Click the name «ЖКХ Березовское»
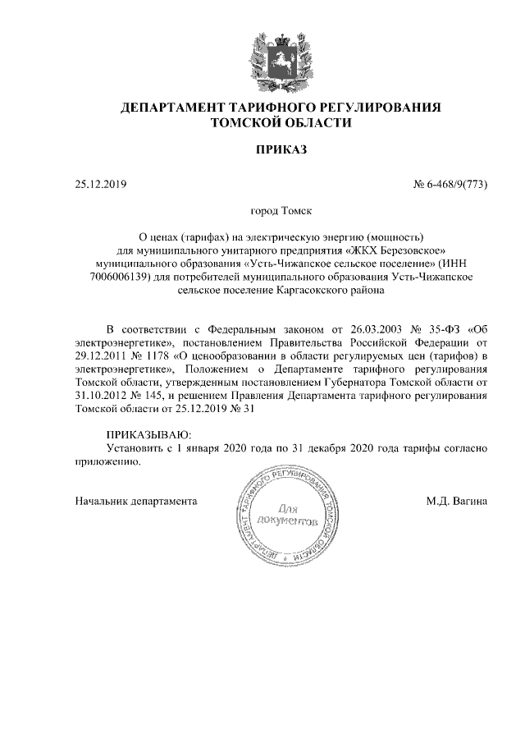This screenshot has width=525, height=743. tap(396, 250)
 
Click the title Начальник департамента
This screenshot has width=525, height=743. tap(135, 500)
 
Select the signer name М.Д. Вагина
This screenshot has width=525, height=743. tap(457, 500)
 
